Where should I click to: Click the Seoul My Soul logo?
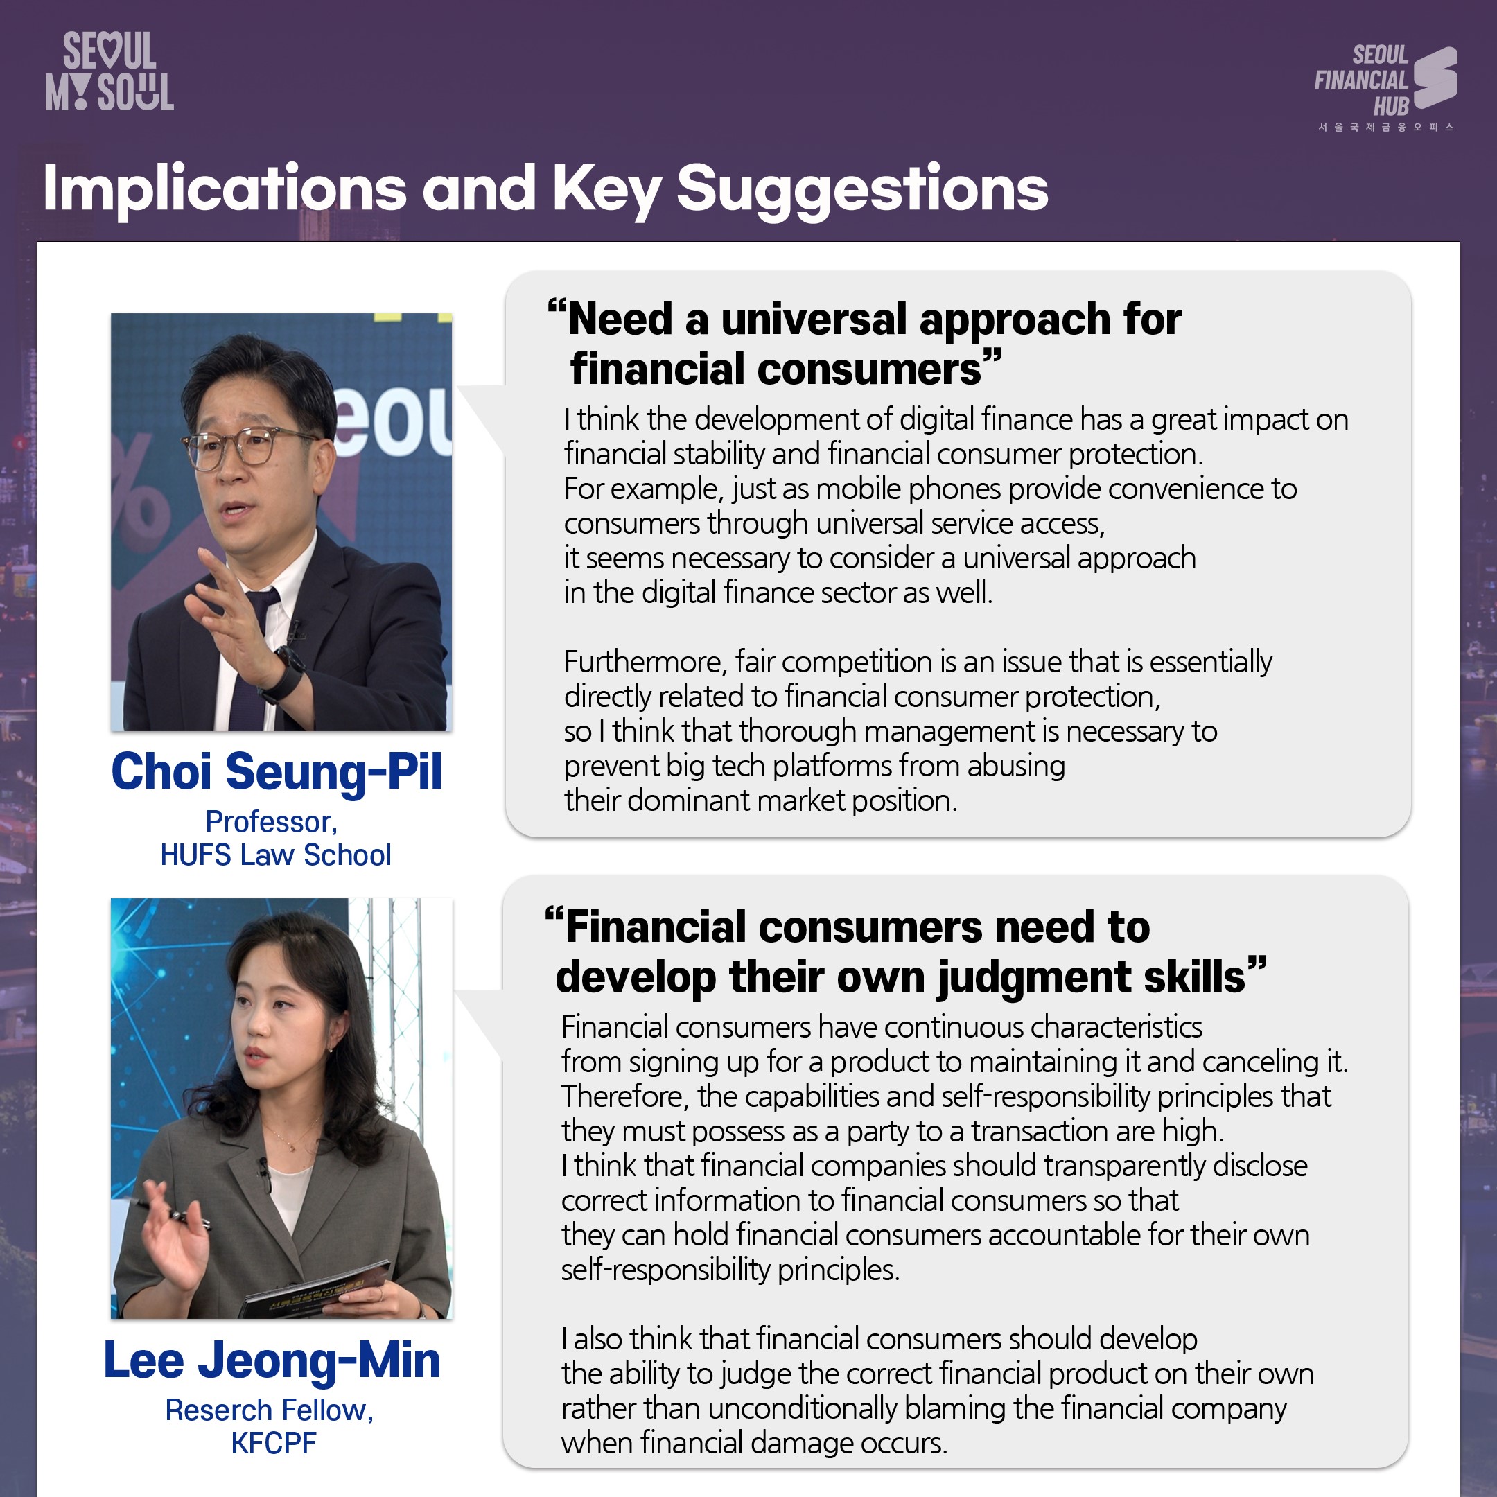110,71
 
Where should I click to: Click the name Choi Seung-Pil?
277,772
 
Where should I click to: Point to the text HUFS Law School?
276,855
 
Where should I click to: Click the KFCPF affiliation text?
274,1443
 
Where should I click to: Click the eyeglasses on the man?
248,448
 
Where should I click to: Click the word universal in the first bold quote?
814,320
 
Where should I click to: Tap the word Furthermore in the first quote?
645,662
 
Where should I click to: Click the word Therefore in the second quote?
624,1096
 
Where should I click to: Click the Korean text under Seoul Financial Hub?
1386,127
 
